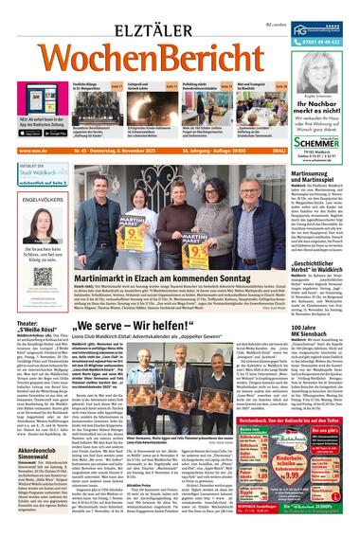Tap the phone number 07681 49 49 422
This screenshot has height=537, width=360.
328,42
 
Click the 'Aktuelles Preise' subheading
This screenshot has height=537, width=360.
137,479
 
